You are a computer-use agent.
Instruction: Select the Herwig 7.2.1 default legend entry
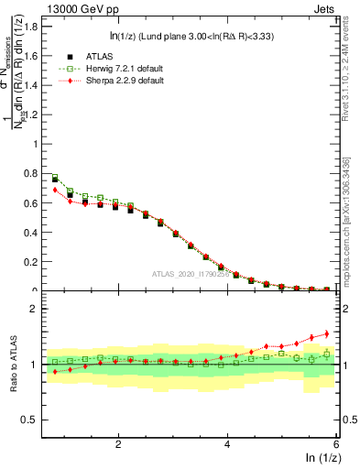(x=115, y=69)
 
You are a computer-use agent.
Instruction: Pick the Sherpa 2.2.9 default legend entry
(x=115, y=81)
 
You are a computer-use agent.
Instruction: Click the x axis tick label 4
(x=227, y=444)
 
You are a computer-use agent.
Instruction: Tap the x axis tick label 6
(x=336, y=444)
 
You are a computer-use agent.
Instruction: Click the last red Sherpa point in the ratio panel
(x=327, y=333)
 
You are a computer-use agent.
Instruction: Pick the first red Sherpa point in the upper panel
(x=55, y=190)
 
